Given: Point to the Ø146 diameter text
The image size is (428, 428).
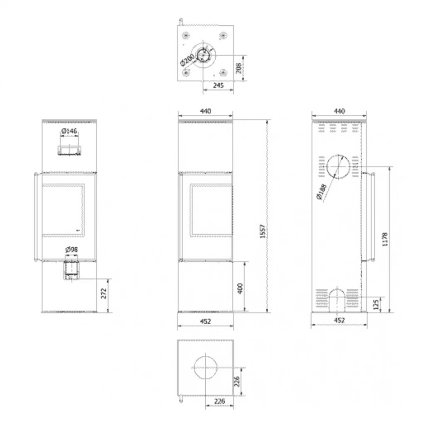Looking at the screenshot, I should (x=69, y=131).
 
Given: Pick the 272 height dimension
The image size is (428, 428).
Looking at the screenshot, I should (x=104, y=294).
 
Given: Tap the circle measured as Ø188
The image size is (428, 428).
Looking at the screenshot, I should (x=339, y=167).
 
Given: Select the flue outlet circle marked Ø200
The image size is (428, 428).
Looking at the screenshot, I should (x=204, y=54).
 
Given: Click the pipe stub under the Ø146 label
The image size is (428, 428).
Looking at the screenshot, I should (x=69, y=150).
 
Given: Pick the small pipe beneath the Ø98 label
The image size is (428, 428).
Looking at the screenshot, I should (x=71, y=271).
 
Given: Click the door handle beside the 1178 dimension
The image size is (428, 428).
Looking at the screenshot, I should (x=371, y=217).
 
